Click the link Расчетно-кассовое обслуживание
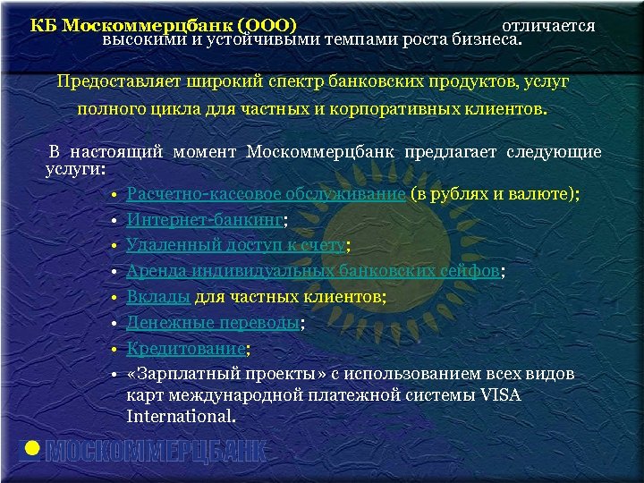coord(266,195)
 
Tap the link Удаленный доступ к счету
coord(235,246)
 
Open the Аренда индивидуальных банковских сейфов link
coord(312,272)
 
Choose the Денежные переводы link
coord(213,323)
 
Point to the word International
coord(180,417)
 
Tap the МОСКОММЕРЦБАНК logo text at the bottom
coord(156,451)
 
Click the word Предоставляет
coord(119,81)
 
